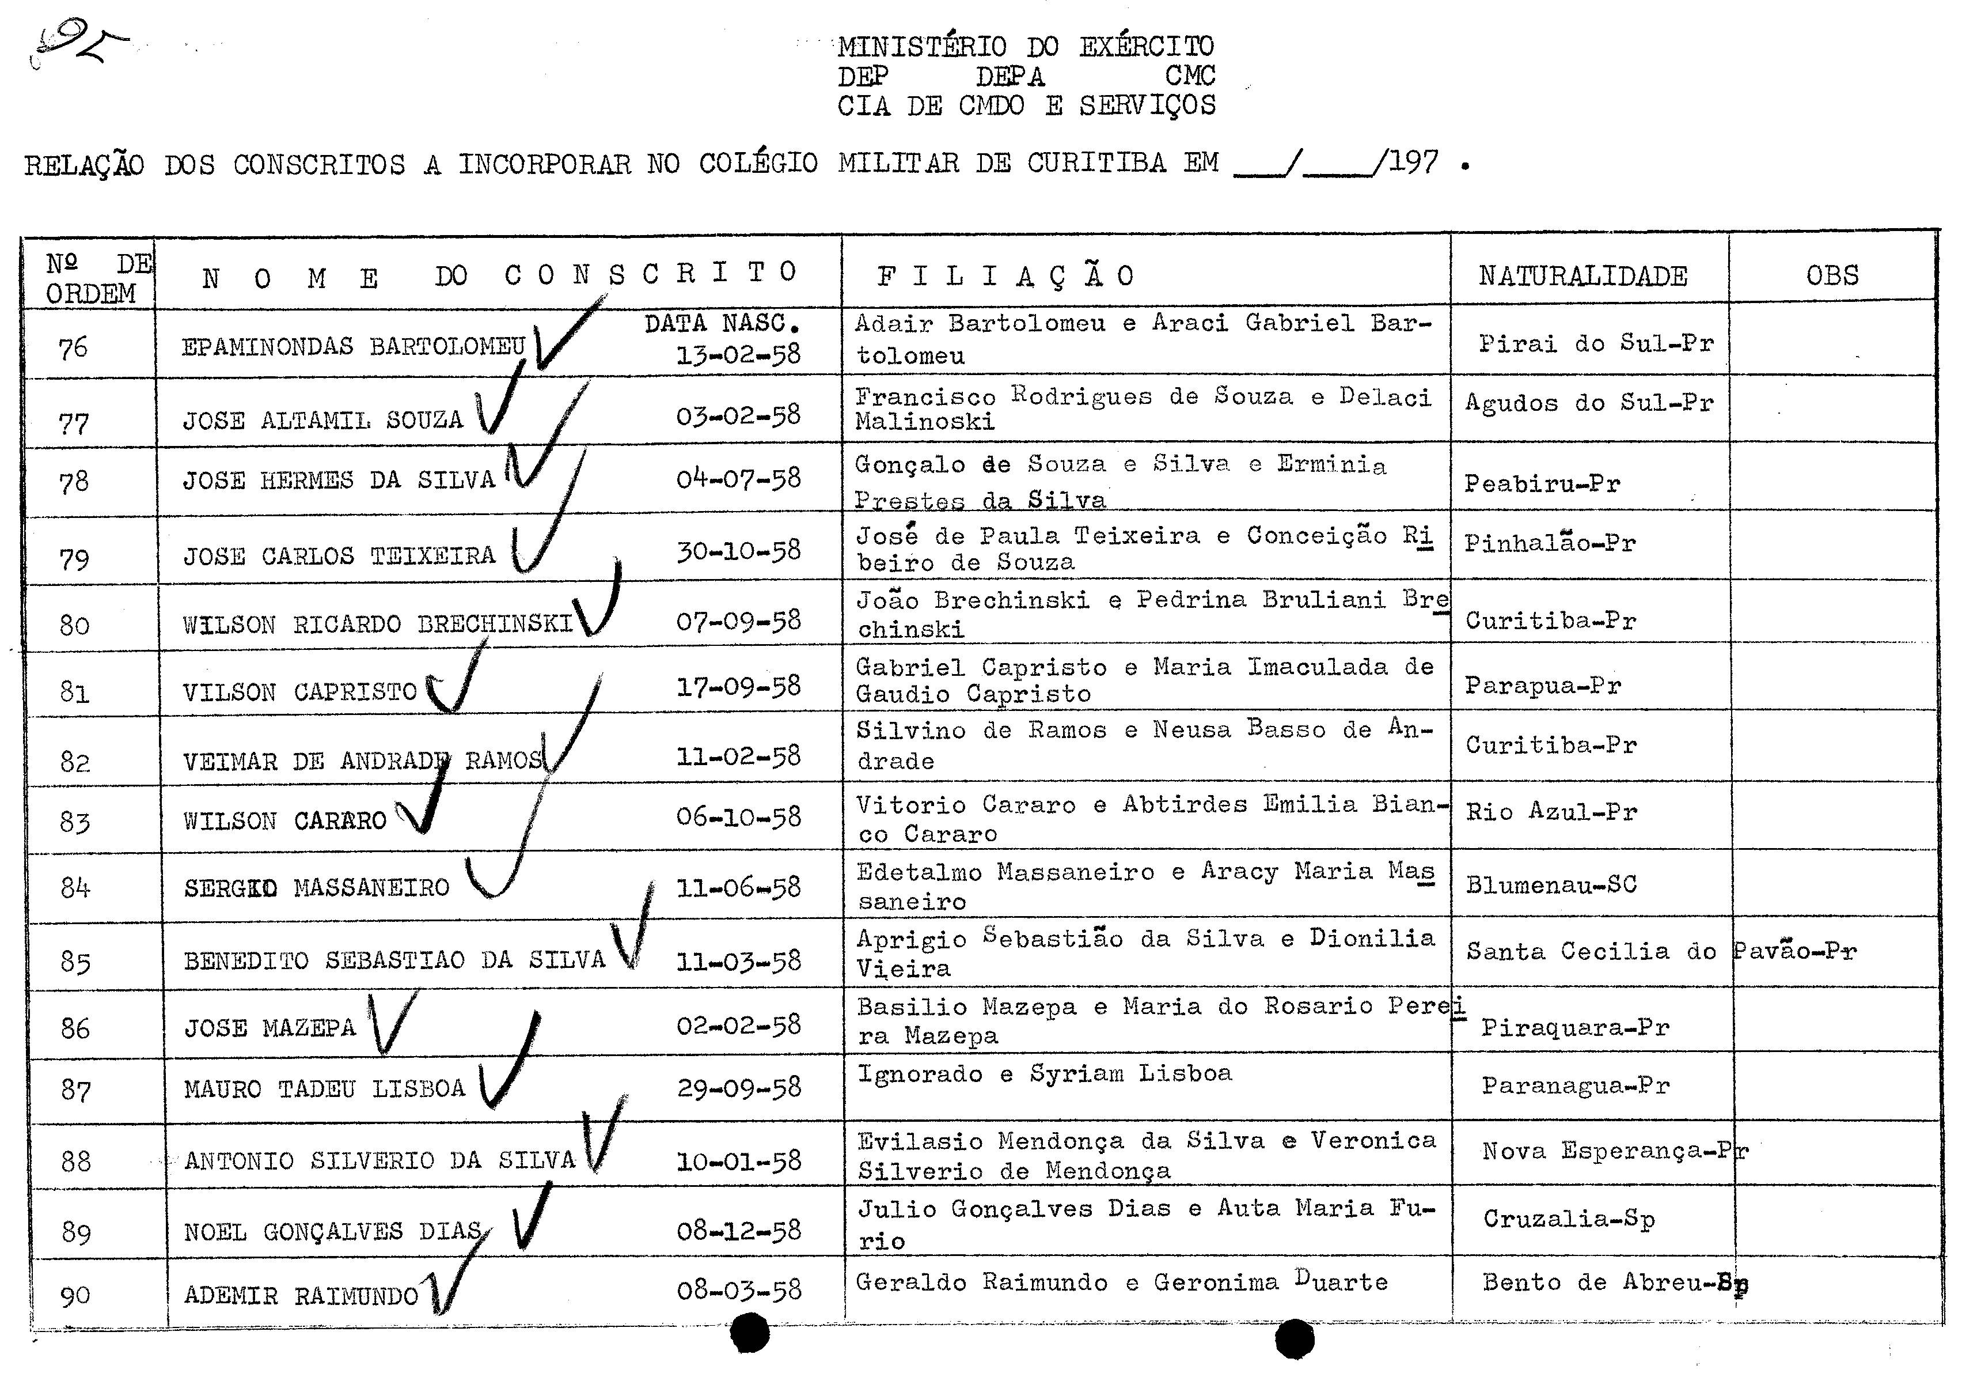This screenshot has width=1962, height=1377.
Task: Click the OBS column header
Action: [x=1831, y=275]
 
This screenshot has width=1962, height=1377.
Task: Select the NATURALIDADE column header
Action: [x=1582, y=276]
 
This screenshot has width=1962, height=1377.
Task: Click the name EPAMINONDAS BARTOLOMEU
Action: [x=353, y=346]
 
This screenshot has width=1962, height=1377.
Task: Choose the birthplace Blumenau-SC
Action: [x=1551, y=884]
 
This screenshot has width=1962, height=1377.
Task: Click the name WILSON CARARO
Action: [x=284, y=820]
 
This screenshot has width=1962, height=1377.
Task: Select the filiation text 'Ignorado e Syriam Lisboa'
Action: [x=1044, y=1073]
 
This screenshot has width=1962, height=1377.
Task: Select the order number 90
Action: [x=75, y=1296]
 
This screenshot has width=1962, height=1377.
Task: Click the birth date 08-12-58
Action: [x=738, y=1230]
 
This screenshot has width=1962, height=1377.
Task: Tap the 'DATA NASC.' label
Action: [x=722, y=324]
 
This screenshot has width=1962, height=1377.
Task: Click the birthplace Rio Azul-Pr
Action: [x=1551, y=811]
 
